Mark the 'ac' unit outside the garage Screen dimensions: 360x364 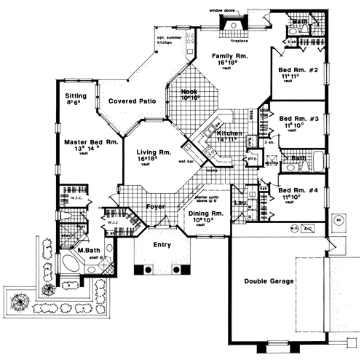pyautogui.click(x=339, y=219)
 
